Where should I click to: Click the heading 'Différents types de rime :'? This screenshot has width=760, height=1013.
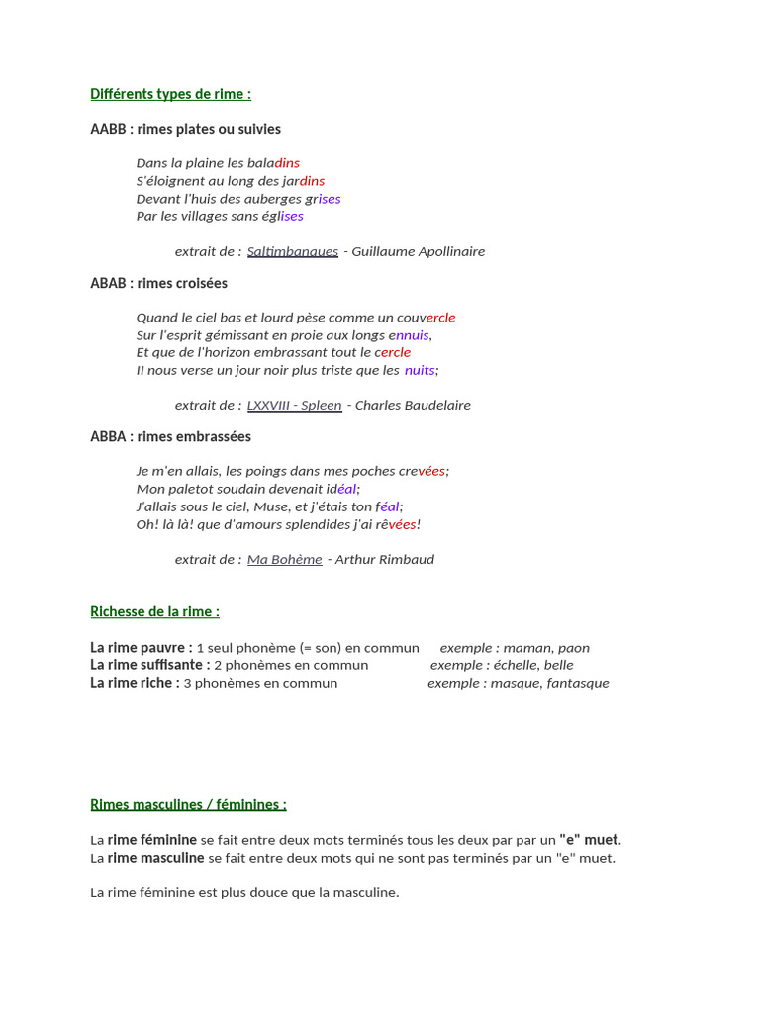tap(170, 94)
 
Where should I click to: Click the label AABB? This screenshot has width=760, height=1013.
tap(108, 129)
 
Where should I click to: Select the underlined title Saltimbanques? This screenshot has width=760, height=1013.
tap(292, 251)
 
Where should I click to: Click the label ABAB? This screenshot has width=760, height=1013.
tap(108, 283)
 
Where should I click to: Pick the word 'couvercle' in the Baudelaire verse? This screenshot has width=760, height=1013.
tap(427, 318)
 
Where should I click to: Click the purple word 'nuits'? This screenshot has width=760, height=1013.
tap(420, 370)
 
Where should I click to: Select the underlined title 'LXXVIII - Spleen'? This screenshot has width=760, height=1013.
tap(294, 405)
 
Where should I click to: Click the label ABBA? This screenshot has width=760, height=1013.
tap(108, 436)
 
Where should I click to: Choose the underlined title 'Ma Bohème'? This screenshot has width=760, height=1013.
tap(284, 559)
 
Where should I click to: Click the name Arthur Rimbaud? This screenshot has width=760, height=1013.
tap(385, 559)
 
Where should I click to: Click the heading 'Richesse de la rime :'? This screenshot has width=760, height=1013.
tap(154, 611)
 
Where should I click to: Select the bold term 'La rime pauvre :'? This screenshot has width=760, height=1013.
tap(141, 648)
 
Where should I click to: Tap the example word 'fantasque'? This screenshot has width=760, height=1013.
tap(578, 683)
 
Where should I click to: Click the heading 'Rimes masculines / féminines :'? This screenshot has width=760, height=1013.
tap(188, 804)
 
